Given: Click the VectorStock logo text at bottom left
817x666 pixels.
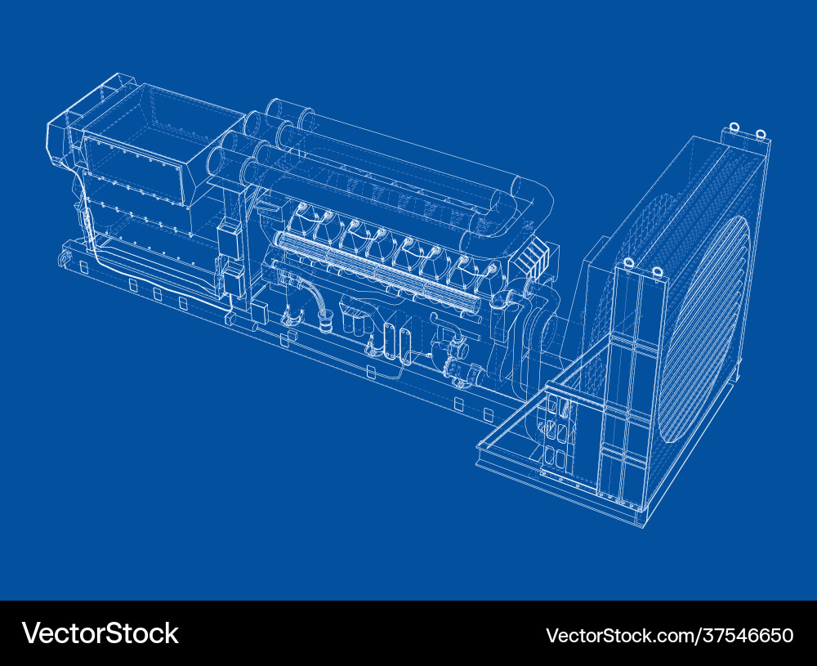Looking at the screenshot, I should [100, 633].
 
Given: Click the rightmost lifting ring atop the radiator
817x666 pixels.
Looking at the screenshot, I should [761, 134].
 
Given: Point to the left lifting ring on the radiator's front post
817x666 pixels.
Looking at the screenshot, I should [628, 263].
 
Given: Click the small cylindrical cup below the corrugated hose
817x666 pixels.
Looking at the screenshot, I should [327, 325].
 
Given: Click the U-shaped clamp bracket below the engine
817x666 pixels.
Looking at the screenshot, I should [291, 315].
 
